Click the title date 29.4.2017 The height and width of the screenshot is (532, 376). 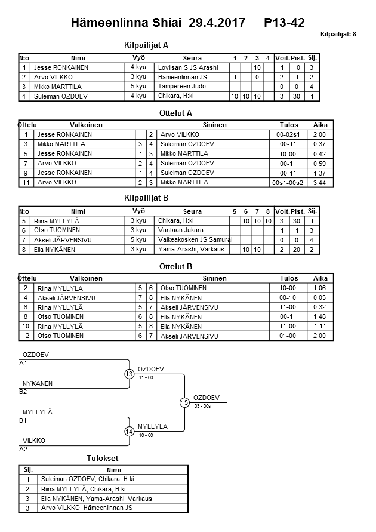217,23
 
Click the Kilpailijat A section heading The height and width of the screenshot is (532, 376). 146,45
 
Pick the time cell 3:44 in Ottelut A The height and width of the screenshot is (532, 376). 320,183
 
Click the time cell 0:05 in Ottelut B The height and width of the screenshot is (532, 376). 320,298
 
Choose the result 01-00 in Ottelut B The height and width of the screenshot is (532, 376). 288,336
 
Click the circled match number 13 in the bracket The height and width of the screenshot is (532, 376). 130,374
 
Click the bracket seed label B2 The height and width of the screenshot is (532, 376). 23,392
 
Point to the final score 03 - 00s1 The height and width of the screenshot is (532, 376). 205,407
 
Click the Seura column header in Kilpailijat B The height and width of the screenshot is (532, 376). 192,211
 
